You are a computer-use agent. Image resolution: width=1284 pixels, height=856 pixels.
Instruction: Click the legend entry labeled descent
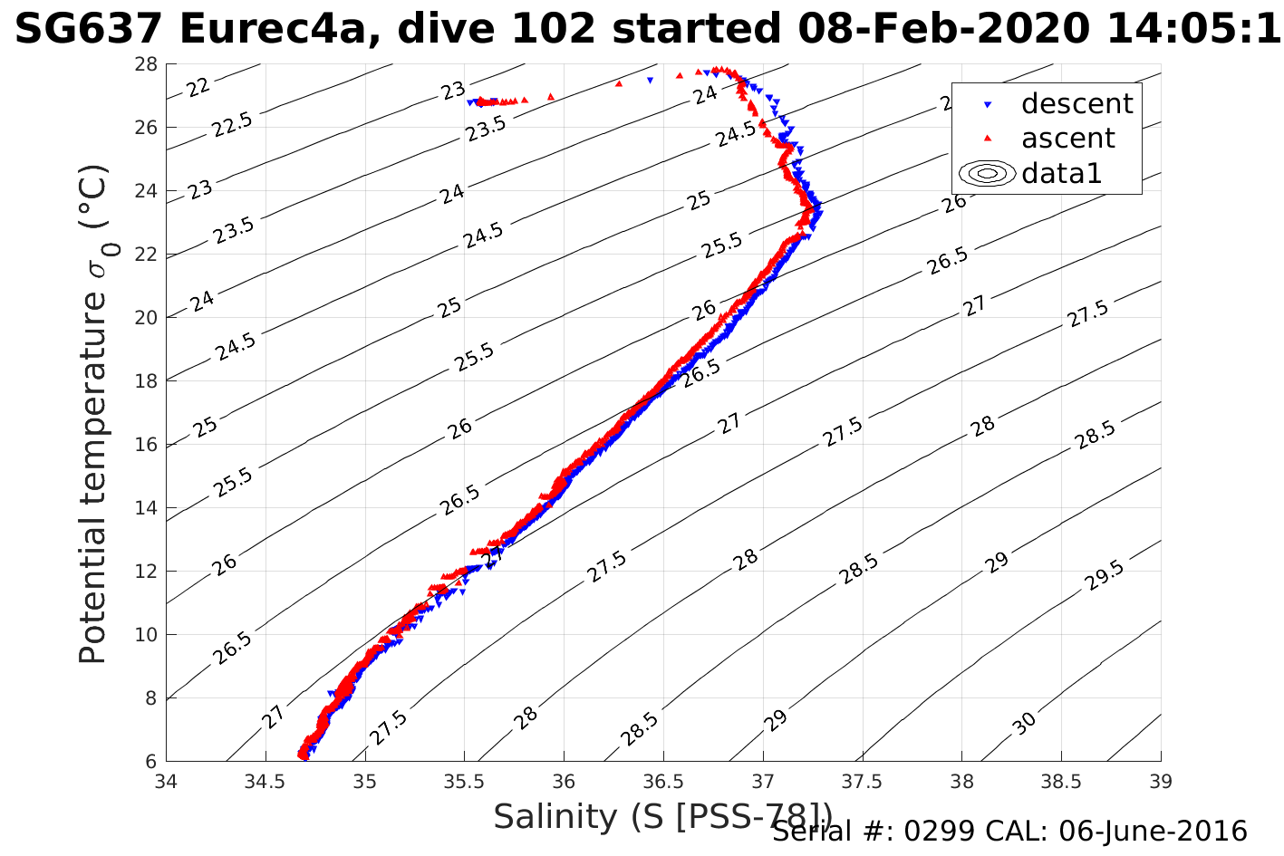pyautogui.click(x=1076, y=104)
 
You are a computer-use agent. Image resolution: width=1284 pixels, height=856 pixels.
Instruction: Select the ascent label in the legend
pyautogui.click(x=1067, y=139)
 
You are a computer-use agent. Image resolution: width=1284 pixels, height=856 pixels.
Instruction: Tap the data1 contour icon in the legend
pyautogui.click(x=989, y=173)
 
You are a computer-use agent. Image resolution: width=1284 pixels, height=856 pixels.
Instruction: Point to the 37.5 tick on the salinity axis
pyautogui.click(x=862, y=781)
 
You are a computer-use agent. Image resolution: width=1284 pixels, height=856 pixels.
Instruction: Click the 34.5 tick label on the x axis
pyautogui.click(x=265, y=781)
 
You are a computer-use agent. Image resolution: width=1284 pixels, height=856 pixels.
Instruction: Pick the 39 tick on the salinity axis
pyautogui.click(x=1161, y=781)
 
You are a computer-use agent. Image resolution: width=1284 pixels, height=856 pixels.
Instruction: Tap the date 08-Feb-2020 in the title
pyautogui.click(x=942, y=29)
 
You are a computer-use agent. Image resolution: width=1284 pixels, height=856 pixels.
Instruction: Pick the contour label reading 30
pyautogui.click(x=1025, y=723)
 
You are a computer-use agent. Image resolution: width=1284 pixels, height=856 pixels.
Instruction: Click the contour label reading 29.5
pyautogui.click(x=1103, y=576)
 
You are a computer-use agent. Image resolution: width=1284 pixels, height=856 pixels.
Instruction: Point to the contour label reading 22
pyautogui.click(x=198, y=87)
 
